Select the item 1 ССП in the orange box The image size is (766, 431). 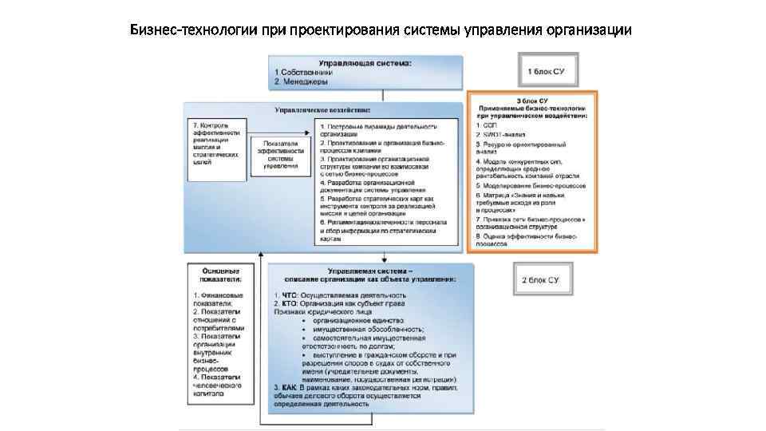point(485,125)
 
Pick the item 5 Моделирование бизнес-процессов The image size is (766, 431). point(531,183)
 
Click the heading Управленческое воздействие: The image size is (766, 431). point(322,109)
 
